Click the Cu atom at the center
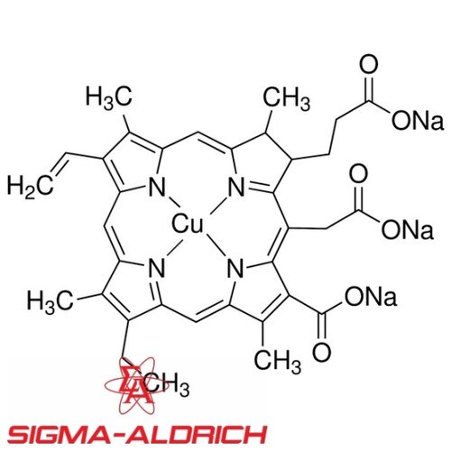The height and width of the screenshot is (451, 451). tap(187, 224)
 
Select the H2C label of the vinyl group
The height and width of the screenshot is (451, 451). tap(30, 187)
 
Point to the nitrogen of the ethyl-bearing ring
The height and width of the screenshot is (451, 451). tap(156, 269)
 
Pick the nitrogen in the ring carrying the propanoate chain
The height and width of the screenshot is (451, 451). tap(236, 187)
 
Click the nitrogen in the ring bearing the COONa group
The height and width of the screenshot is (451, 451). tap(235, 269)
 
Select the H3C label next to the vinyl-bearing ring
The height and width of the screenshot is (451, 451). tap(108, 97)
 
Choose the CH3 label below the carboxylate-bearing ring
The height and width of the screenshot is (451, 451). tap(277, 361)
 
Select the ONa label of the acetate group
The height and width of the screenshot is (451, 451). tap(408, 230)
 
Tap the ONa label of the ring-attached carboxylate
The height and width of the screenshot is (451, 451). tap(371, 296)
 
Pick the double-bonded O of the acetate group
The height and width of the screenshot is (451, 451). tap(359, 175)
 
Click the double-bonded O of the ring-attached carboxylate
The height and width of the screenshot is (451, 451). tap(322, 352)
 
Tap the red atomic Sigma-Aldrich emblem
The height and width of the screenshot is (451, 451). tap(134, 385)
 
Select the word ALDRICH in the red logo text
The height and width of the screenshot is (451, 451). tap(196, 434)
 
